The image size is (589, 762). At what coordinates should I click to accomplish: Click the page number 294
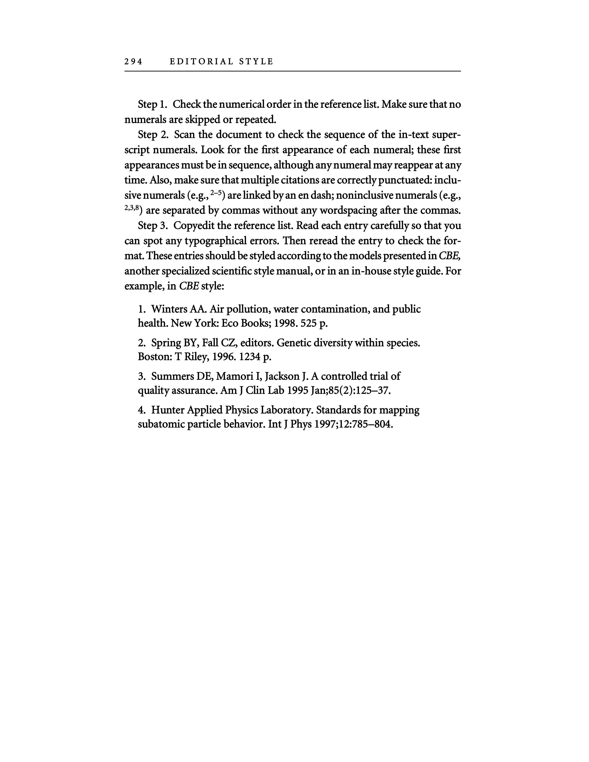[133, 62]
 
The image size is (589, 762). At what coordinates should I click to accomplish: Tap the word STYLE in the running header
[256, 62]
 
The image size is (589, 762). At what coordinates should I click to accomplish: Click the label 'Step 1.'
[153, 104]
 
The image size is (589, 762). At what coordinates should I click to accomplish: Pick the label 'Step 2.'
[153, 135]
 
